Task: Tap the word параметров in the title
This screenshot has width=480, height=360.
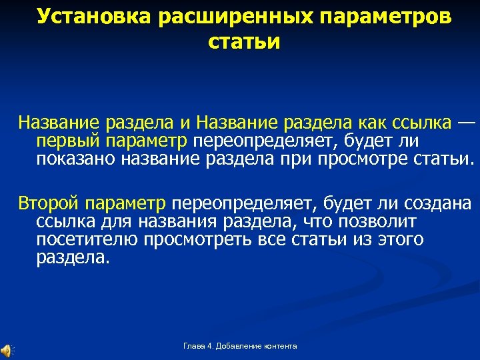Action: (x=383, y=17)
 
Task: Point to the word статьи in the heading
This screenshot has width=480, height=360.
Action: (x=244, y=41)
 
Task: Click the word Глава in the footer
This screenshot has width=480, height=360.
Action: (x=193, y=345)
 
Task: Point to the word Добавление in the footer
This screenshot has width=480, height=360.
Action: (x=237, y=345)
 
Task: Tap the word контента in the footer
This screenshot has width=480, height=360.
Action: (x=280, y=345)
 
